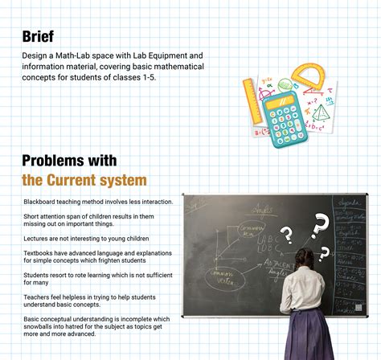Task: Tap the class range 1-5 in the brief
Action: (147, 77)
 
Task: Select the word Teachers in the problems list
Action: (37, 294)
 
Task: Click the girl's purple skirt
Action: (309, 342)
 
